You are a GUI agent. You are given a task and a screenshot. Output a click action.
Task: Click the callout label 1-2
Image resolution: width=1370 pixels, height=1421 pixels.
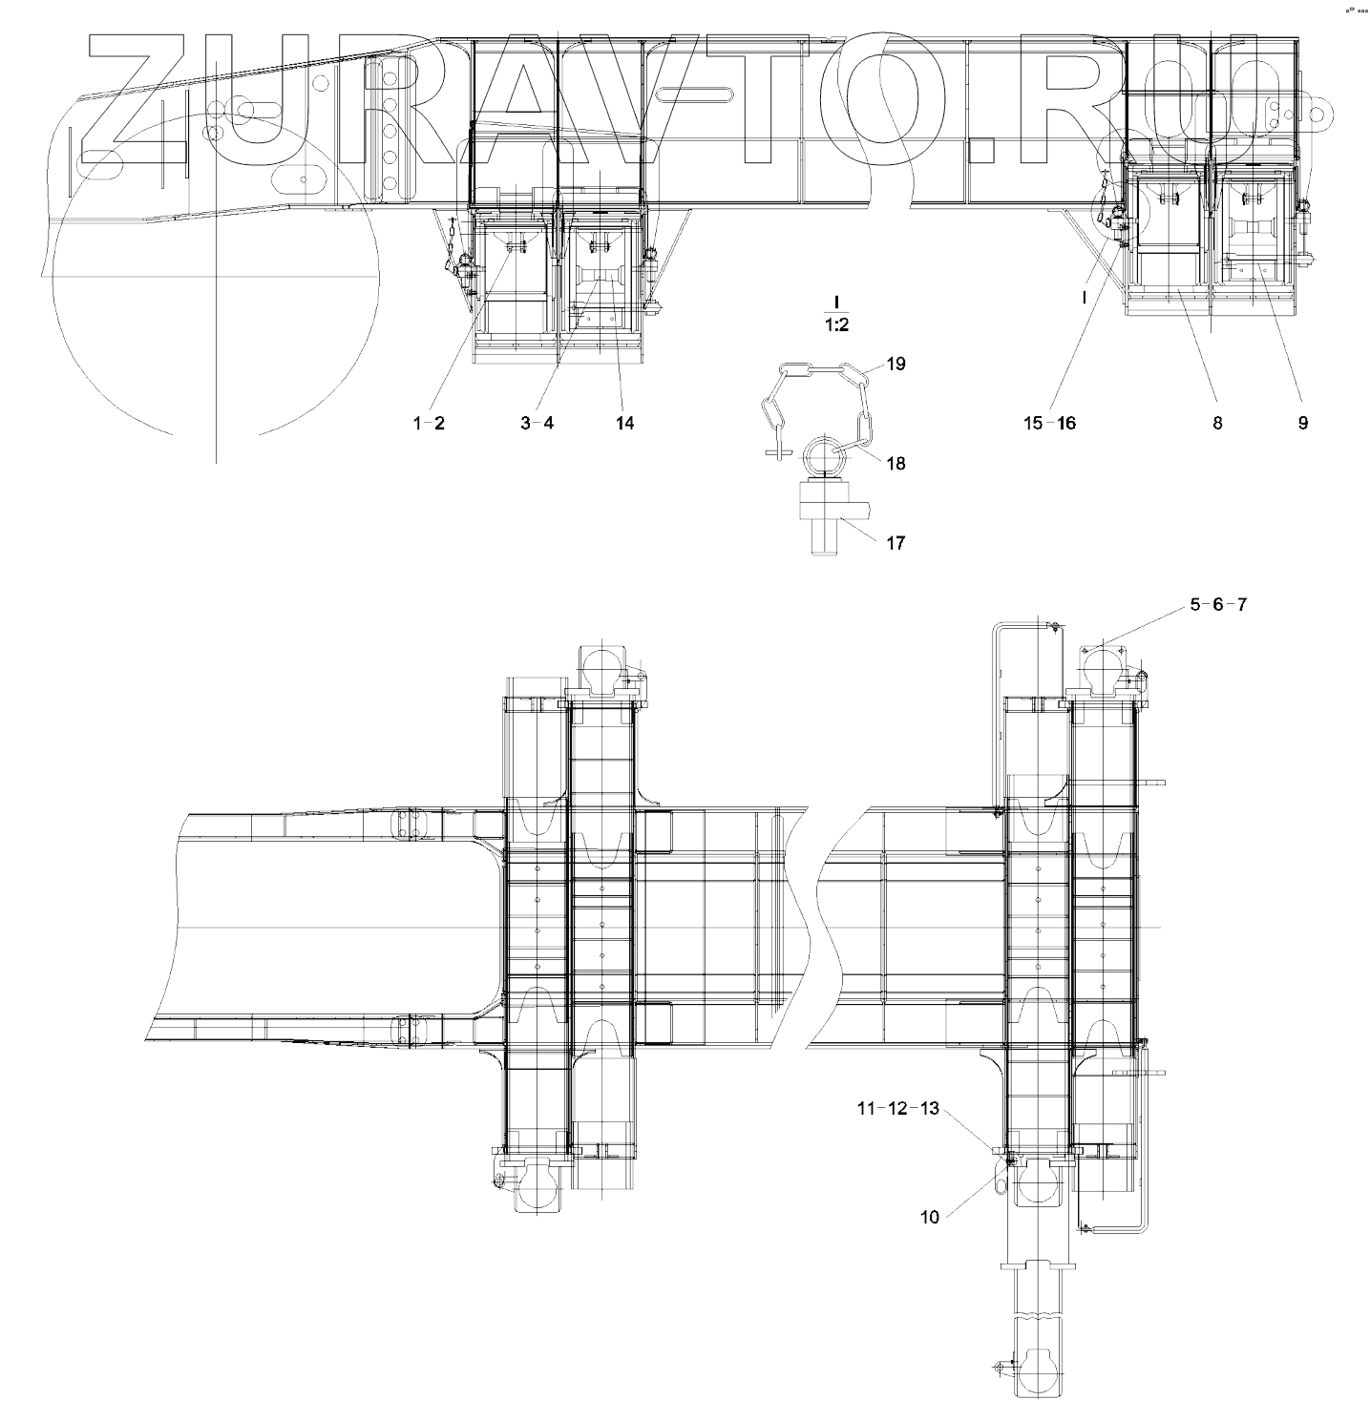coord(429,423)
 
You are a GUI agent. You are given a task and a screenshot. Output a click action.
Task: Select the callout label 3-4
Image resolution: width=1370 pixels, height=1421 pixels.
coord(537,423)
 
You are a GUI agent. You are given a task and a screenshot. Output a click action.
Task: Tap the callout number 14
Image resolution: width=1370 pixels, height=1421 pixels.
coord(624,423)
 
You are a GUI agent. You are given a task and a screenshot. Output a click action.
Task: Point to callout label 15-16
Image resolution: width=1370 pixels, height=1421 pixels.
coord(1050,423)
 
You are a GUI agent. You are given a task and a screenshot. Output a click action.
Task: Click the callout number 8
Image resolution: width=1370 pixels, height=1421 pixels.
coord(1217,423)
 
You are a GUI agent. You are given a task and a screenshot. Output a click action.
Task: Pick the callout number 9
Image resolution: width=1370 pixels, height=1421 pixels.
coord(1303,423)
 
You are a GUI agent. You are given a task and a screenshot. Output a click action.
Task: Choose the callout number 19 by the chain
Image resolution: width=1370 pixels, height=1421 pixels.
coord(896,364)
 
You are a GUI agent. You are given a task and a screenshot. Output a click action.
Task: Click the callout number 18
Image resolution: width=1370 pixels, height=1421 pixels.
coord(896,464)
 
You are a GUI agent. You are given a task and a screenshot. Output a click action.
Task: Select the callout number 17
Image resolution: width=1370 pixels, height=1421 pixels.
coord(896,543)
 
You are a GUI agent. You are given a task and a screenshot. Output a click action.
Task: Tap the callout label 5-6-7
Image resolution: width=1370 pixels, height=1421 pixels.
coord(1219,605)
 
